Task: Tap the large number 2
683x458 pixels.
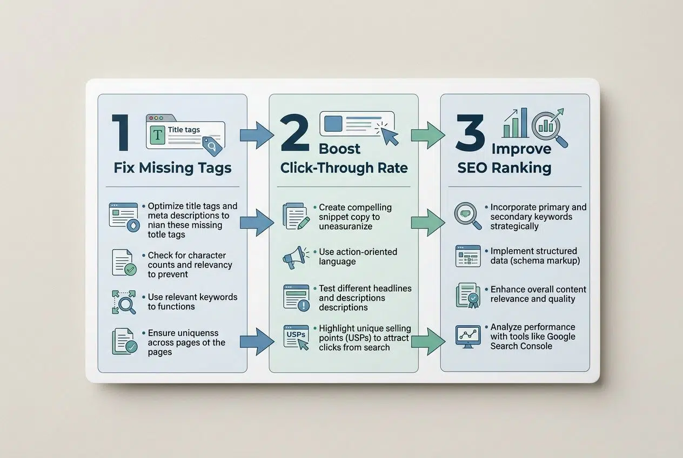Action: pyautogui.click(x=295, y=133)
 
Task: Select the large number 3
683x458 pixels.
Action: pyautogui.click(x=469, y=133)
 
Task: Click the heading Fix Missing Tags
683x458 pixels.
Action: pyautogui.click(x=172, y=167)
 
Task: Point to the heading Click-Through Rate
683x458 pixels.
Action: pyautogui.click(x=344, y=167)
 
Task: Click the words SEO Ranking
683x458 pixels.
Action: pyautogui.click(x=504, y=167)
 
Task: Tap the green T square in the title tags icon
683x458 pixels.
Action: pyautogui.click(x=157, y=135)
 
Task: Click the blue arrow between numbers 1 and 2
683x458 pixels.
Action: pyautogui.click(x=257, y=135)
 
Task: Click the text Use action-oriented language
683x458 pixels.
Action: pyautogui.click(x=358, y=257)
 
